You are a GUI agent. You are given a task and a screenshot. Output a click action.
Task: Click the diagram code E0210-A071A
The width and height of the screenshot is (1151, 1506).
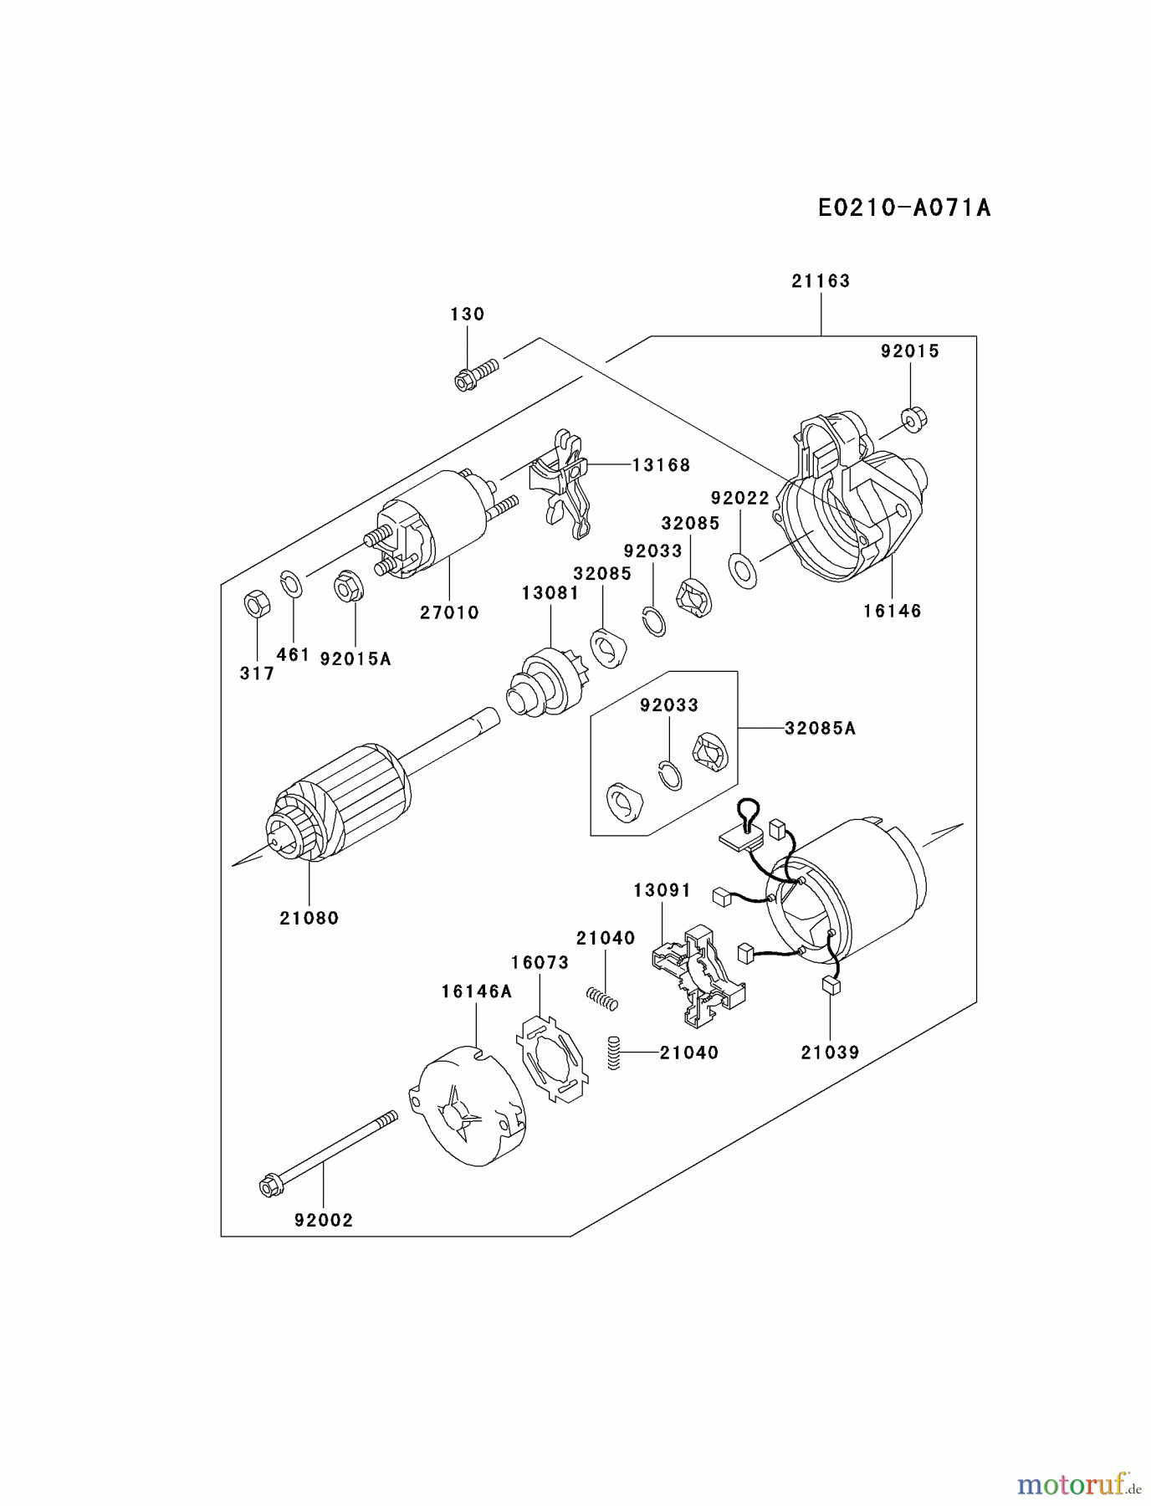(x=904, y=207)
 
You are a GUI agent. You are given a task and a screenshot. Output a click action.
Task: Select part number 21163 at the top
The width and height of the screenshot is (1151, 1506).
(x=821, y=281)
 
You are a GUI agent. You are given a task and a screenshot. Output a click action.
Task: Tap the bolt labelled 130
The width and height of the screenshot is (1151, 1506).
(x=477, y=373)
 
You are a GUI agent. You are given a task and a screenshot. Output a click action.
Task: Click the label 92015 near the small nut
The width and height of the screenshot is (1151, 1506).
(x=909, y=351)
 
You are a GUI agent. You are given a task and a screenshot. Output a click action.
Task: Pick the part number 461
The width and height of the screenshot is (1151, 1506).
(x=293, y=655)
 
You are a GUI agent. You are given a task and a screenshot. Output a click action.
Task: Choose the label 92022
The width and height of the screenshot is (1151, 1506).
(x=739, y=499)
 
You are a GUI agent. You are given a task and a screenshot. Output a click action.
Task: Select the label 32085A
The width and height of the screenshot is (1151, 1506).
(x=820, y=729)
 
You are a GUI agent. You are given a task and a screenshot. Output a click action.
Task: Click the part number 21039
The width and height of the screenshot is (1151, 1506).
(x=830, y=1053)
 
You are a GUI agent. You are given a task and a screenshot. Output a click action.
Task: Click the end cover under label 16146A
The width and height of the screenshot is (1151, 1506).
(x=466, y=1105)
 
